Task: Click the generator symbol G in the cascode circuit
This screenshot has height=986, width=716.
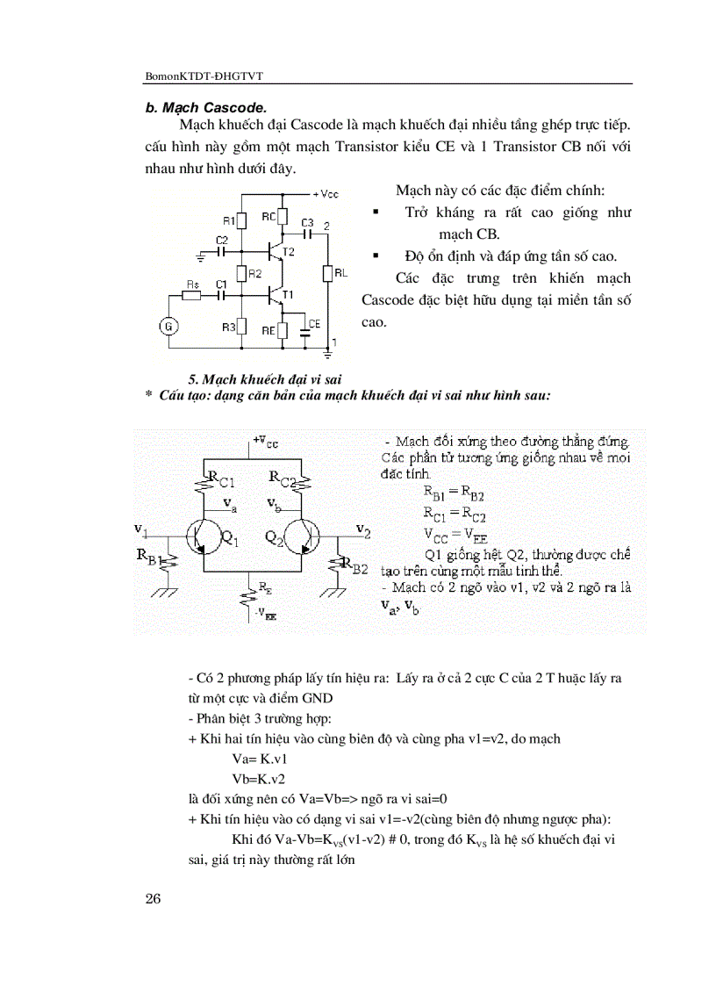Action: pos(170,327)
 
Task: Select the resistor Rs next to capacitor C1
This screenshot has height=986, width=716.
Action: pos(194,296)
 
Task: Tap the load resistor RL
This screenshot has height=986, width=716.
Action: pos(326,274)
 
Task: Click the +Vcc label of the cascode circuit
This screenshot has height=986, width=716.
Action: pos(323,193)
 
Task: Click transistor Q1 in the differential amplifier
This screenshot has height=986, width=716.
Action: pos(204,536)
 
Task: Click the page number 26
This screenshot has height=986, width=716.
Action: pos(154,896)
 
